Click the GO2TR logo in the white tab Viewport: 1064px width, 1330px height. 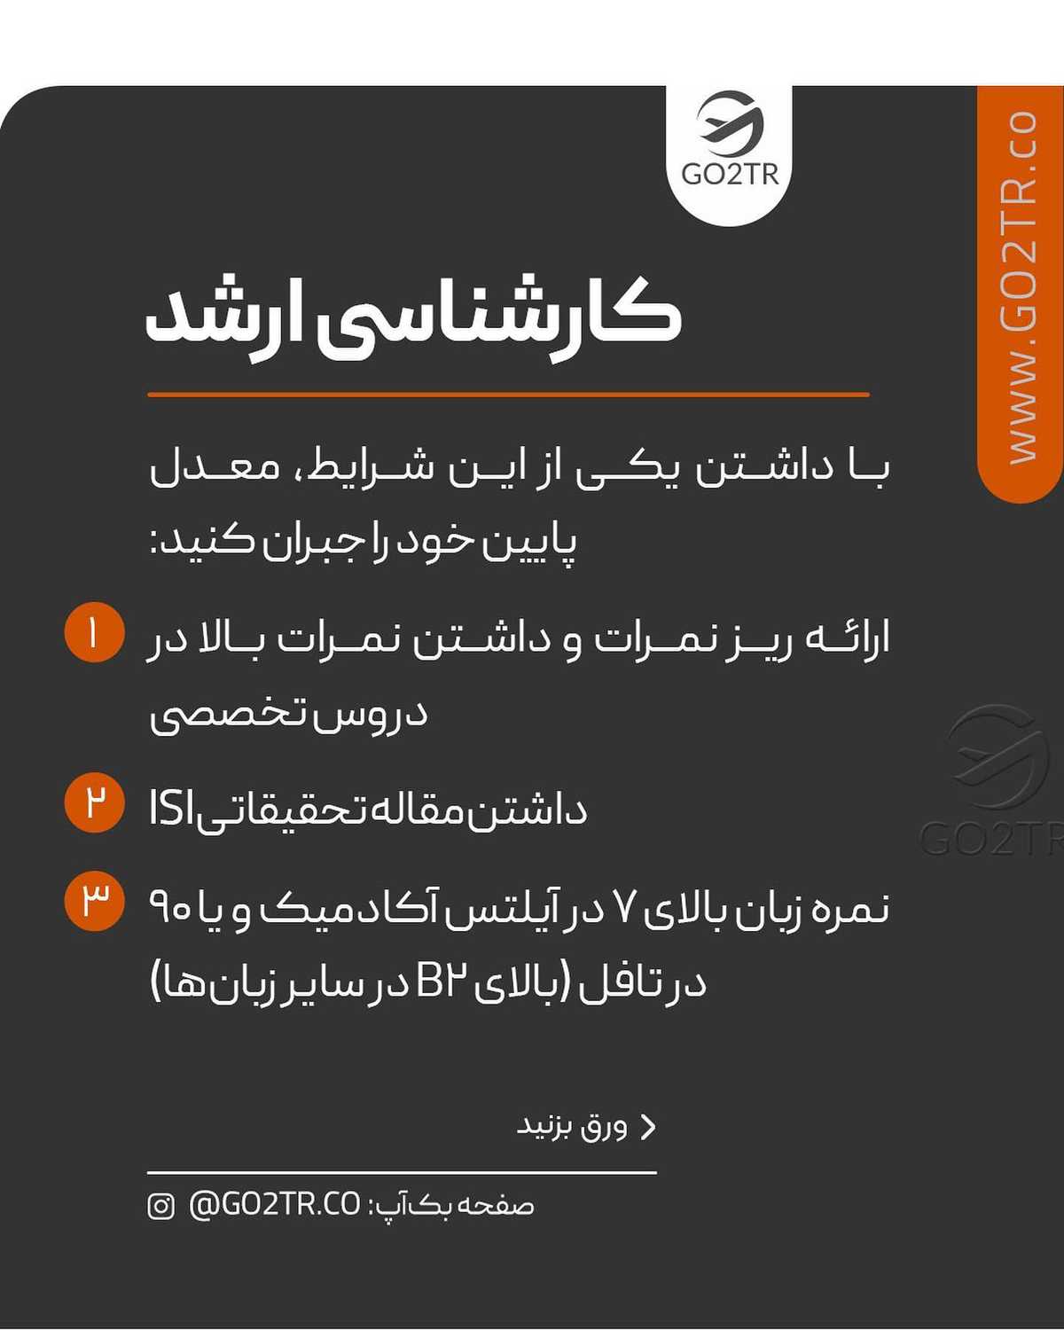click(729, 142)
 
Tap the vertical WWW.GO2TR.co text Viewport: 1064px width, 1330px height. click(1021, 288)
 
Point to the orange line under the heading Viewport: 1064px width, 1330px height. click(508, 395)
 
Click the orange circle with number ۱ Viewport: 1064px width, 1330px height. click(94, 633)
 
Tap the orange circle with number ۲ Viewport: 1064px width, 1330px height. click(94, 802)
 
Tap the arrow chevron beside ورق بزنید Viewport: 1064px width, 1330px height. click(649, 1126)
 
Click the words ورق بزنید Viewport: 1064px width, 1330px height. click(572, 1126)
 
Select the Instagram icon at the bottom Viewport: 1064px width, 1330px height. click(160, 1206)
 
